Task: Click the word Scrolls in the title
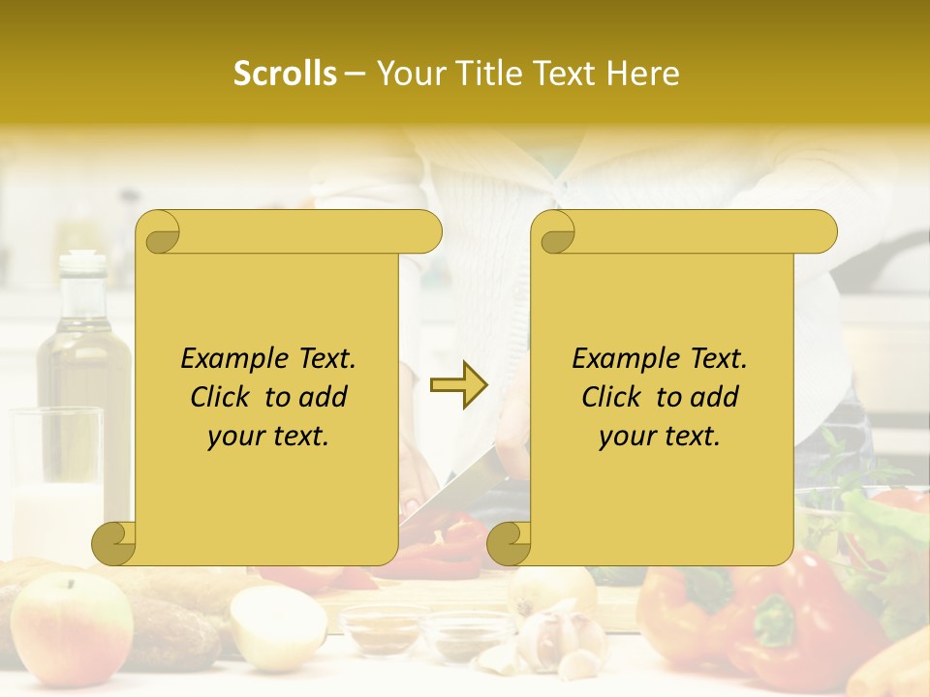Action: coord(285,74)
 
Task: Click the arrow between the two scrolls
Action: coord(459,385)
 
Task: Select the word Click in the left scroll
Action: coord(223,397)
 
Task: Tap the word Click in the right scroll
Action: coord(614,397)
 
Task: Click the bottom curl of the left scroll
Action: coord(114,543)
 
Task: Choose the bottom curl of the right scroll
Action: coord(508,543)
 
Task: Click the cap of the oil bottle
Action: coord(83,260)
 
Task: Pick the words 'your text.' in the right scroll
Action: coord(660,437)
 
